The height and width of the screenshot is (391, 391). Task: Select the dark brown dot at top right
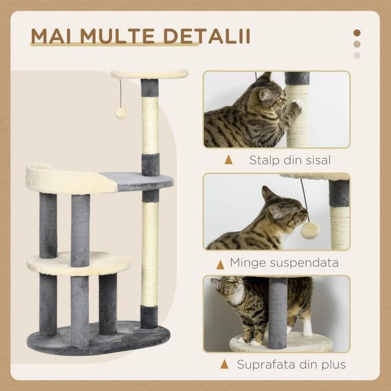[357, 33]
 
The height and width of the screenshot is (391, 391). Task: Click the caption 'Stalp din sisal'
[290, 159]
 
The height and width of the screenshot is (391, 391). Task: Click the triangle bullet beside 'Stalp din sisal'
[228, 159]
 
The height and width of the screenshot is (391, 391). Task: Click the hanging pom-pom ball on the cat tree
[119, 113]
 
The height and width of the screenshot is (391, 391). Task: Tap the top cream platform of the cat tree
[150, 74]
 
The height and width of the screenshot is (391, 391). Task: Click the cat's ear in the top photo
[266, 78]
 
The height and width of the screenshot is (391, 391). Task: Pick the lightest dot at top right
[357, 55]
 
